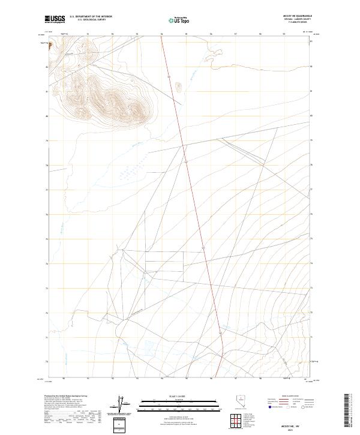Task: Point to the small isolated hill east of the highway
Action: point(178,85)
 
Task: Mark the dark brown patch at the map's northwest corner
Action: point(50,43)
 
